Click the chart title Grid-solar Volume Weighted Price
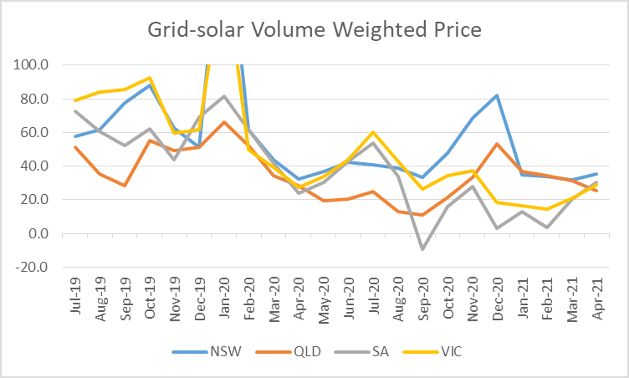click(x=314, y=30)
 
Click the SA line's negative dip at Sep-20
click(x=422, y=249)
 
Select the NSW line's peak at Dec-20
click(x=497, y=94)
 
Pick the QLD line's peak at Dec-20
click(x=497, y=144)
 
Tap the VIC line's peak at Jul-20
click(x=374, y=132)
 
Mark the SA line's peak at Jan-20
click(x=224, y=96)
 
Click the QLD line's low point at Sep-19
click(x=125, y=186)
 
